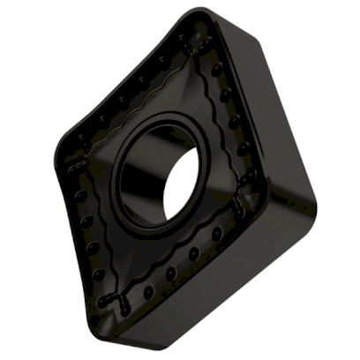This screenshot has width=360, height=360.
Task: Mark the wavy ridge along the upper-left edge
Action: (x=132, y=93)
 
